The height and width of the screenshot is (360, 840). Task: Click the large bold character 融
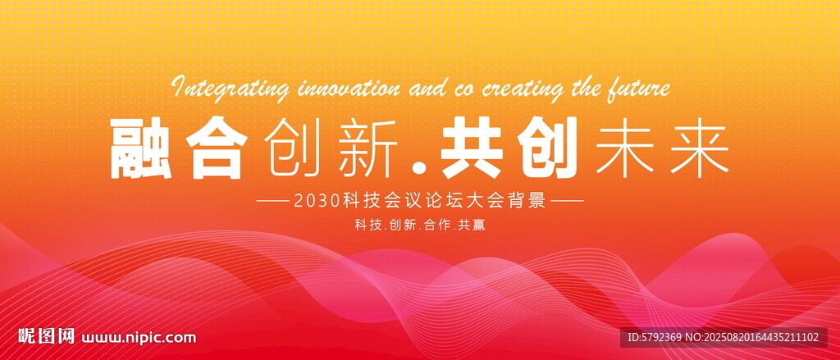click(141, 148)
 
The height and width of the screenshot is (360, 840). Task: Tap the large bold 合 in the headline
click(216, 148)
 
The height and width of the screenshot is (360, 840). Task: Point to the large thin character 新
click(368, 149)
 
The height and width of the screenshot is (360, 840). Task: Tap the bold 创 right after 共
click(546, 148)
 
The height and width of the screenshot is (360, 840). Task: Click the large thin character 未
click(624, 149)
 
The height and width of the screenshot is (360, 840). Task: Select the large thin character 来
click(700, 149)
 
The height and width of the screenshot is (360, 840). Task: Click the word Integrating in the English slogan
click(231, 89)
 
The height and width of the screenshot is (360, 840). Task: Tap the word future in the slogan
click(638, 89)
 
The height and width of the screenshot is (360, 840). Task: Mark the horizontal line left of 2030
click(274, 203)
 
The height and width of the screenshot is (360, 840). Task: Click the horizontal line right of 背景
click(568, 203)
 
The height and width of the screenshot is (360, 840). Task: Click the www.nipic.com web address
click(139, 338)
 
